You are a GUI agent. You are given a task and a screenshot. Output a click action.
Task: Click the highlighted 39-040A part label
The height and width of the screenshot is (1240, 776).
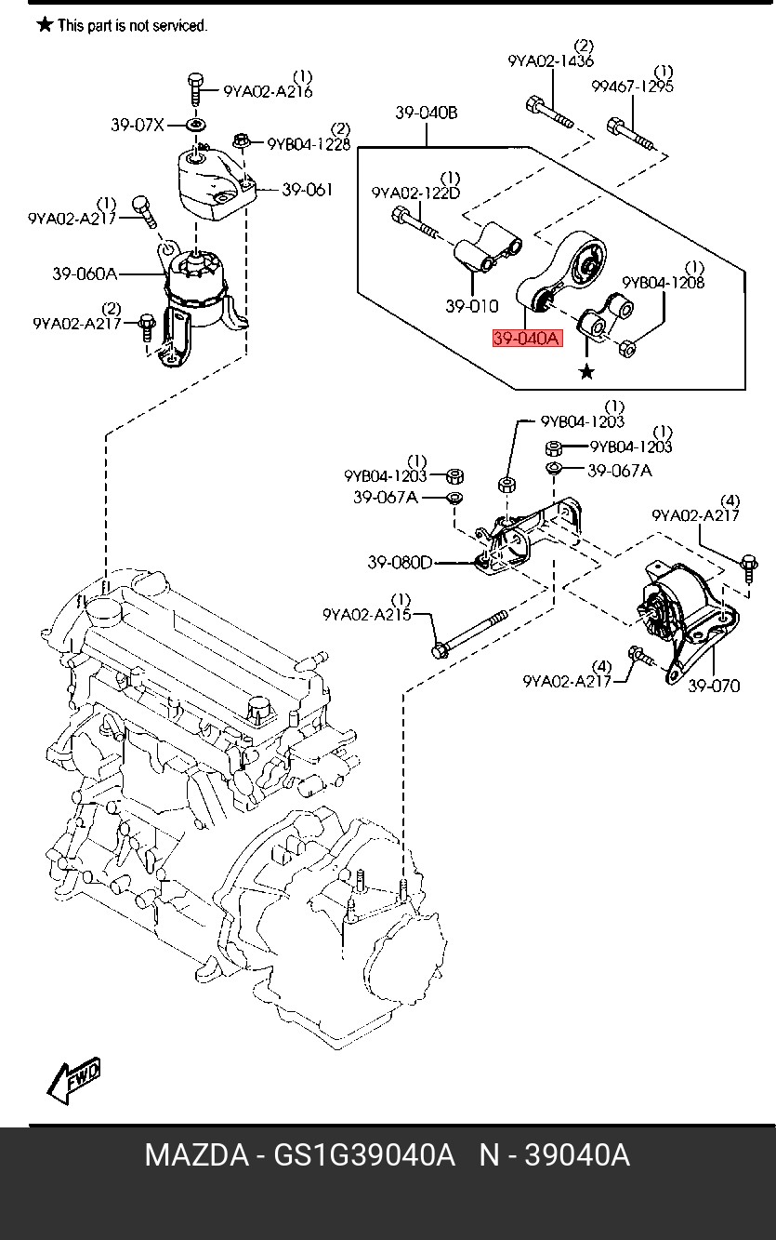coord(526,339)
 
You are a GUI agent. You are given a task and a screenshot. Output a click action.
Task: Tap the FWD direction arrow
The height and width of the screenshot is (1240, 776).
coord(73,1081)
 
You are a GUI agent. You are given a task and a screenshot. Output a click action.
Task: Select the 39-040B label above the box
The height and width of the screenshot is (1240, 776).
coord(427,113)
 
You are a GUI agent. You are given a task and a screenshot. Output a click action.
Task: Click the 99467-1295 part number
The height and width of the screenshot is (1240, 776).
coord(632,87)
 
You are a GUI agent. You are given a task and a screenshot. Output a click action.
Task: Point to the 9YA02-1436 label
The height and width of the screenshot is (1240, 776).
coord(550,61)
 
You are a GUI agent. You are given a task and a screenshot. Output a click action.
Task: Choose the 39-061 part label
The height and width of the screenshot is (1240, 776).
coord(307,190)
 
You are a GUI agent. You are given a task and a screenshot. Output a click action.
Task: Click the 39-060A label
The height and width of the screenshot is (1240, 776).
coord(85,273)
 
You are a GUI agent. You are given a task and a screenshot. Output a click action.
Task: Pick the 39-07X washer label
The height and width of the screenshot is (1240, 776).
coord(137,125)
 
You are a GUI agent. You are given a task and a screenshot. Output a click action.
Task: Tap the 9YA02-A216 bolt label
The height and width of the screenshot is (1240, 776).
coord(268,91)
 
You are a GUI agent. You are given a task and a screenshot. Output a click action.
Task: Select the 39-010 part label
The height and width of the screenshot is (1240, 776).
coord(471,305)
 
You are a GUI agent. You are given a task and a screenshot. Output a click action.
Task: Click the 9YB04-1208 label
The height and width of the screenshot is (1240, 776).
coord(663,282)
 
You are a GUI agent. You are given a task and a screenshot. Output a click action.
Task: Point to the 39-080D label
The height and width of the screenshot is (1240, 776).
coord(400,562)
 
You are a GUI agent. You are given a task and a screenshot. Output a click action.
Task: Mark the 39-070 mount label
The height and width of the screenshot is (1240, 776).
coord(714,686)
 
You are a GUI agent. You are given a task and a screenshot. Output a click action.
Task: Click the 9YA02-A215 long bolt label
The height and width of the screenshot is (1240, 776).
coord(366,614)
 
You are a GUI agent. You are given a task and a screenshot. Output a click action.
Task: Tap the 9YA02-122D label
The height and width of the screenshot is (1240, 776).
coord(415,193)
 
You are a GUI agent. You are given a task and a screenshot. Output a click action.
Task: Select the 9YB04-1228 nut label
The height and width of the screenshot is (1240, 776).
coord(309,144)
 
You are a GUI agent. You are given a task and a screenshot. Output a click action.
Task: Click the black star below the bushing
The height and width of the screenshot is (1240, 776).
coord(586,372)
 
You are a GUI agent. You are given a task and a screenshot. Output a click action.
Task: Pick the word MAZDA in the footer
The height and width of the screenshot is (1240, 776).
coord(195,1155)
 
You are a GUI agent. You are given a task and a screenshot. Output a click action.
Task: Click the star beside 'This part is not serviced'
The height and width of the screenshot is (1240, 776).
coord(45,25)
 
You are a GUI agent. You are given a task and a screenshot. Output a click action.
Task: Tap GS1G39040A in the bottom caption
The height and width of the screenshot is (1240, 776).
coord(363,1155)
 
